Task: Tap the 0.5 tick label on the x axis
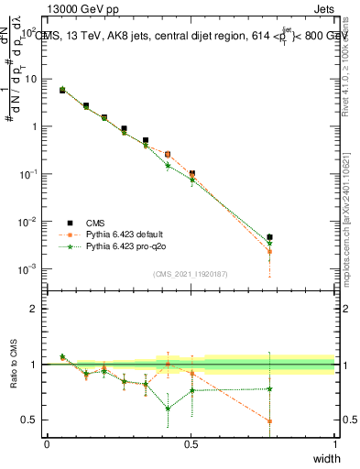coord(191,444)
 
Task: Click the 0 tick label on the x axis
coord(47,444)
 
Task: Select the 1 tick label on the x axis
coord(335,444)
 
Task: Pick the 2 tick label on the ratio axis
coord(33,309)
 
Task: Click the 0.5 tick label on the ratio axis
coord(29,420)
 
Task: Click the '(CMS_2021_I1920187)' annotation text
coord(191,274)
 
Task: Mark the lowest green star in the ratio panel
coord(169,409)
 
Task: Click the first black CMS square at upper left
coord(62,91)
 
